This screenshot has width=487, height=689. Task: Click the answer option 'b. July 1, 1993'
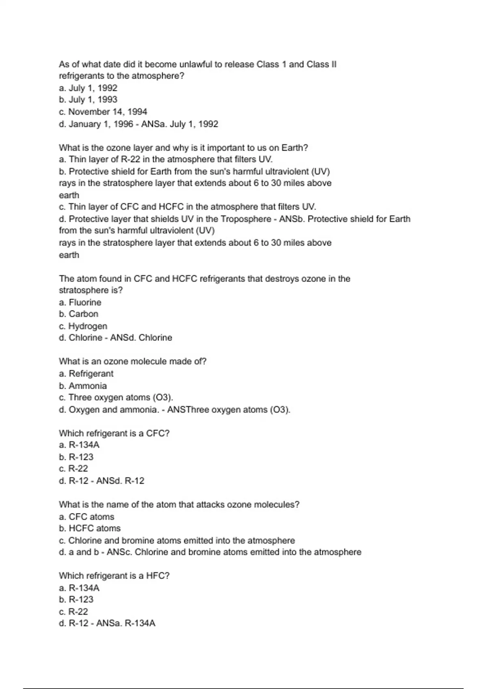[88, 100]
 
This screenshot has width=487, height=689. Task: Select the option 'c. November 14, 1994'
[103, 112]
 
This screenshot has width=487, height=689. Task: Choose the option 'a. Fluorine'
[80, 302]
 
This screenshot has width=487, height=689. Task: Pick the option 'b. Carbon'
[78, 314]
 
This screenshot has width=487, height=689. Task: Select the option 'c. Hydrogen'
[83, 326]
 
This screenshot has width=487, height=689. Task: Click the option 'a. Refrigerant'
[86, 374]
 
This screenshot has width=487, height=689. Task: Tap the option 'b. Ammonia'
[83, 386]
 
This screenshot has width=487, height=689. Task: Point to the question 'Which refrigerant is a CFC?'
[114, 433]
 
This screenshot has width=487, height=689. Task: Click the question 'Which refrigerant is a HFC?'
[114, 576]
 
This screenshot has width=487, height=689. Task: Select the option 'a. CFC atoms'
[86, 517]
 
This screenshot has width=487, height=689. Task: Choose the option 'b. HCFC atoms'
[90, 529]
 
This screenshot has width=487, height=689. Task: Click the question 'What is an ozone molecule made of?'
[132, 362]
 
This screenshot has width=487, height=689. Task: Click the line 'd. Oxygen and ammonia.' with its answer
[175, 410]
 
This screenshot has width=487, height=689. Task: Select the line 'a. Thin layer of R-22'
[166, 159]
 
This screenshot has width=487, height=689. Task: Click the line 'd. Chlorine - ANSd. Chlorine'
[115, 338]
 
